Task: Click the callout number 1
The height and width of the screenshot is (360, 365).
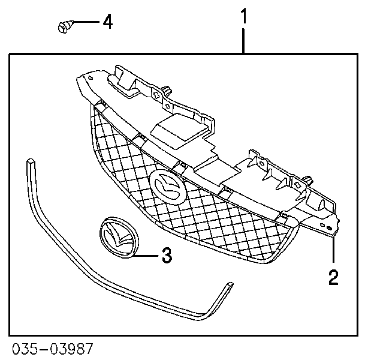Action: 243,16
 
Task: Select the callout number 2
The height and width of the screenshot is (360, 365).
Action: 333,277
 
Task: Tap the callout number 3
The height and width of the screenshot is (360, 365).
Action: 167,255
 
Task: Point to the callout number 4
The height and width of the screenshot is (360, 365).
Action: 108,22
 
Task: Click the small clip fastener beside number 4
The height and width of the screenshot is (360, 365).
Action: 65,26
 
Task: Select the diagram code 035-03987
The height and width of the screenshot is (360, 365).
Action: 53,349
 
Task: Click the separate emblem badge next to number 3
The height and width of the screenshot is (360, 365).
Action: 119,238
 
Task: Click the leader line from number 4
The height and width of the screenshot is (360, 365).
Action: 86,22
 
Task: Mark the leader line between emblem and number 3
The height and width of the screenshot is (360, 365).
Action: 146,256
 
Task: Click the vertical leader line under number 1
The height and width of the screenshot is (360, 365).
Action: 243,41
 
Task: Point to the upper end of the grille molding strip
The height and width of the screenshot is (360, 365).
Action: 31,161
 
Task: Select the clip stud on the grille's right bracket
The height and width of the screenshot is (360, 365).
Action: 309,179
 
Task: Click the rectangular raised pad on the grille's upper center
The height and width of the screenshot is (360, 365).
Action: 179,131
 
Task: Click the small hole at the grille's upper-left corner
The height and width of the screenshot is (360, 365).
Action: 91,78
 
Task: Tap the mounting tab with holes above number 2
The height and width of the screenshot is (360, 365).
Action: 328,226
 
